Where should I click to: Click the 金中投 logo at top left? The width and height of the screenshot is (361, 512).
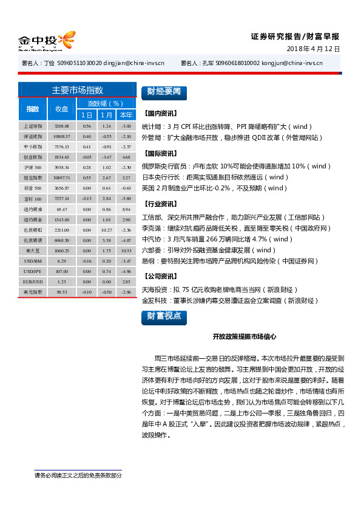[46, 41]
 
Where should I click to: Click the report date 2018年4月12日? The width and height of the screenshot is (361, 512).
[312, 49]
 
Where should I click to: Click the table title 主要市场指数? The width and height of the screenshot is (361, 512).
[78, 90]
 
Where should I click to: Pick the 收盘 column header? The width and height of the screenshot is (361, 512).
[61, 109]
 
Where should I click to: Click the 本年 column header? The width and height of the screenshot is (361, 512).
[126, 115]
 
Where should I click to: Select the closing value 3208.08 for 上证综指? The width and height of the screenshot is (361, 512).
[61, 126]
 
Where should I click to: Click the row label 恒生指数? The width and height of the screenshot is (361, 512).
[33, 178]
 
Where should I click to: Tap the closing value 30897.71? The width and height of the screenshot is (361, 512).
[61, 178]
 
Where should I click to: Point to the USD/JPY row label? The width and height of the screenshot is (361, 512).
[33, 271]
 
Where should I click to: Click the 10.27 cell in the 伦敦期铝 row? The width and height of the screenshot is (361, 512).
[106, 230]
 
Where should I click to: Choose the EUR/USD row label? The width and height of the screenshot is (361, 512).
[33, 282]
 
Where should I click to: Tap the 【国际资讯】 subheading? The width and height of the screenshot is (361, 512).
[161, 154]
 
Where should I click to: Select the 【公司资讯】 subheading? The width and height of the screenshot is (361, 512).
[161, 275]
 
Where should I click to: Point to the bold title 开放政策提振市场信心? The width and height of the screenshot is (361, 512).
[244, 336]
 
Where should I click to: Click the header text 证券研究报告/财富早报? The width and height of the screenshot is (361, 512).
[295, 36]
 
